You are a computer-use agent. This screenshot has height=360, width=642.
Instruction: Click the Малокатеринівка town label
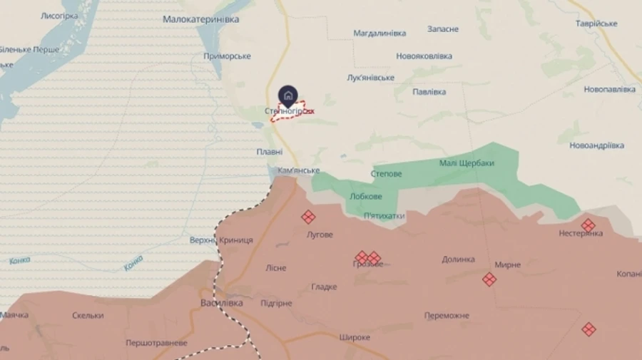pyautogui.click(x=200, y=19)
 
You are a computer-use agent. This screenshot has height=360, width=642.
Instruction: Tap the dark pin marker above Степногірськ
pyautogui.click(x=287, y=95)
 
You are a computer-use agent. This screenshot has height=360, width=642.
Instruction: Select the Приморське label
pyautogui.click(x=227, y=56)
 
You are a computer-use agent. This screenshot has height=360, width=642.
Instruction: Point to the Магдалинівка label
pyautogui.click(x=379, y=34)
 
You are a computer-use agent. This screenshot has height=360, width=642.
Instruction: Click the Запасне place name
pyautogui.click(x=443, y=29)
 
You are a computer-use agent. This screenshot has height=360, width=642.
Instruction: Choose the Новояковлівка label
pyautogui.click(x=424, y=56)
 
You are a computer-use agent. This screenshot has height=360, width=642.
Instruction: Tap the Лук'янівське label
pyautogui.click(x=370, y=77)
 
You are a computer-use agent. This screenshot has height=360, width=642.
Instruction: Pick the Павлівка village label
pyautogui.click(x=429, y=91)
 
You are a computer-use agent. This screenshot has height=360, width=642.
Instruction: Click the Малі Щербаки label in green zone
pyautogui.click(x=467, y=163)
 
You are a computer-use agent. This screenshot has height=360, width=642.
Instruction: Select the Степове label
pyautogui.click(x=387, y=174)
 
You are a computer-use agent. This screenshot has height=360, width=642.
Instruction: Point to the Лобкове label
pyautogui.click(x=366, y=197)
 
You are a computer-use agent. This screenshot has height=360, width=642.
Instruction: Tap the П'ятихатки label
pyautogui.click(x=384, y=215)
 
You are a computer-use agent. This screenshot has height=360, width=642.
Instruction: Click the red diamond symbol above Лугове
pyautogui.click(x=308, y=217)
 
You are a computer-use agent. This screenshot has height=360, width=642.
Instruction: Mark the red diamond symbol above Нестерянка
pyautogui.click(x=588, y=225)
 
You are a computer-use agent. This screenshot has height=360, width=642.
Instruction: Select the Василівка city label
pyautogui.click(x=221, y=303)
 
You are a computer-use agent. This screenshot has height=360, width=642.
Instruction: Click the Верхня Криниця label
pyautogui.click(x=221, y=240)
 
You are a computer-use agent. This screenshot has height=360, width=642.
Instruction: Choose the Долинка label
pyautogui.click(x=458, y=259)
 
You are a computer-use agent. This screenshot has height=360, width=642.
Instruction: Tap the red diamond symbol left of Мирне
pyautogui.click(x=489, y=279)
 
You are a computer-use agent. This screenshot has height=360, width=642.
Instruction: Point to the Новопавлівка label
pyautogui.click(x=609, y=89)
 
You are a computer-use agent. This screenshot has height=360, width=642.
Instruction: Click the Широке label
pyautogui.click(x=355, y=337)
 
